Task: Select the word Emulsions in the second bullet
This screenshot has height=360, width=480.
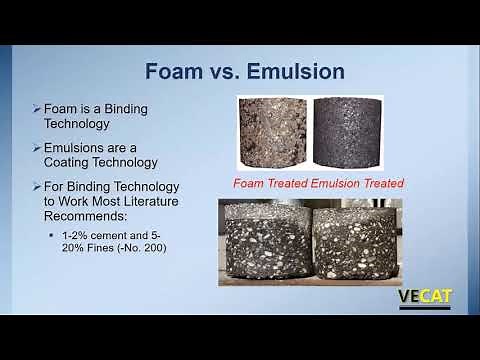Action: (x=80, y=147)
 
